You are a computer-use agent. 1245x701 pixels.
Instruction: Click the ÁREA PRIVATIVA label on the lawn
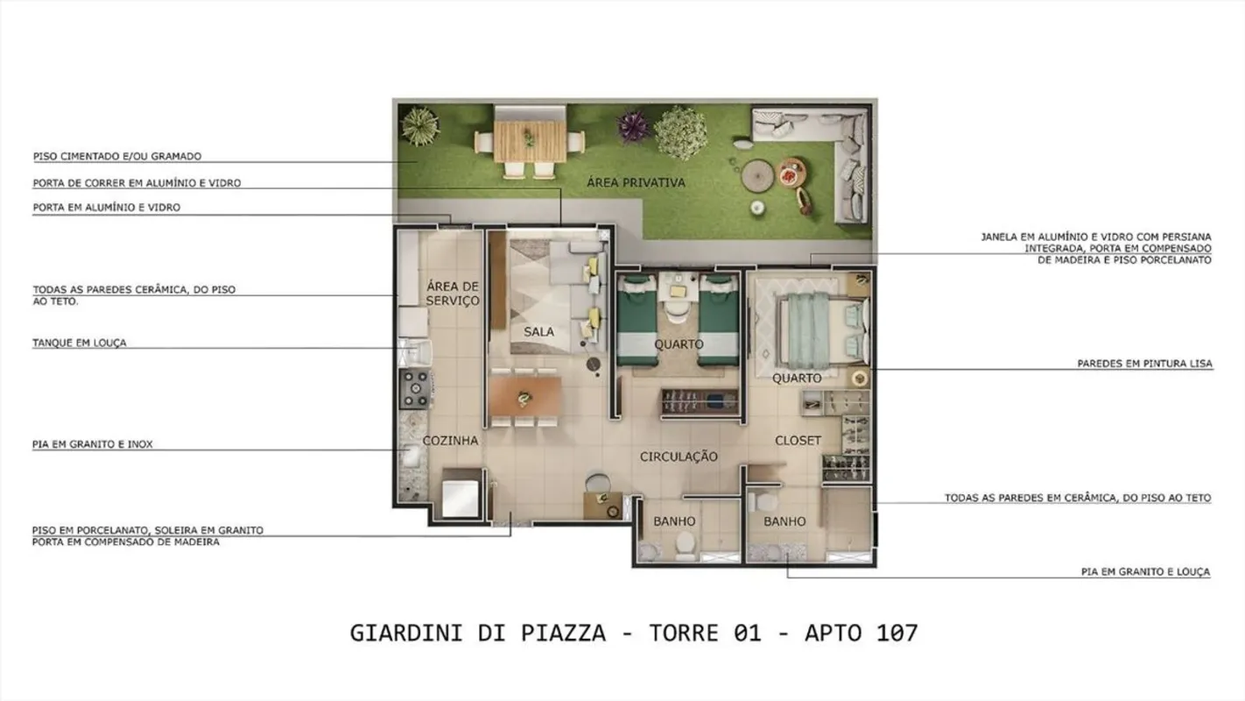(636, 182)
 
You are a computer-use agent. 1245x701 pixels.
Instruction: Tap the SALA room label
(538, 332)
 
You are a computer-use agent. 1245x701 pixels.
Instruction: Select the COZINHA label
(450, 441)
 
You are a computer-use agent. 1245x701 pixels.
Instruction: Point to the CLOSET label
(798, 441)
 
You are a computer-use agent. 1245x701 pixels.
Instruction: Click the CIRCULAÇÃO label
(679, 457)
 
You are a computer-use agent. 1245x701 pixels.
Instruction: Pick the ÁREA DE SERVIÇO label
(453, 294)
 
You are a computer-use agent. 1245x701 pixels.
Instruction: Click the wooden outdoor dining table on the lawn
(530, 141)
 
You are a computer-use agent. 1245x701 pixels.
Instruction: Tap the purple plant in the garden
(632, 126)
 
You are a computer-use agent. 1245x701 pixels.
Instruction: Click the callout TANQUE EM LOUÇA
(80, 343)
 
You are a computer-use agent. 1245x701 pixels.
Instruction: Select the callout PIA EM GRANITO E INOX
(92, 444)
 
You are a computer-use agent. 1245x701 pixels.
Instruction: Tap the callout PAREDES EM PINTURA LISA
(1145, 364)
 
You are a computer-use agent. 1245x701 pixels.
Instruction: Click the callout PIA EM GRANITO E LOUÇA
(1145, 571)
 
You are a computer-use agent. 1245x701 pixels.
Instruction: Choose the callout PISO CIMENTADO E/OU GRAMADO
(117, 156)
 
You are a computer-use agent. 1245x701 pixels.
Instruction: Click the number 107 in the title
(897, 634)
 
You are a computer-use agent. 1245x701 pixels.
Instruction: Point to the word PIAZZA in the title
(563, 634)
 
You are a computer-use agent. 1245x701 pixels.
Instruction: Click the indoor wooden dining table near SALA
(525, 396)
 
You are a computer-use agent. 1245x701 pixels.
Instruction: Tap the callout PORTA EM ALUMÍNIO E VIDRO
(107, 208)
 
